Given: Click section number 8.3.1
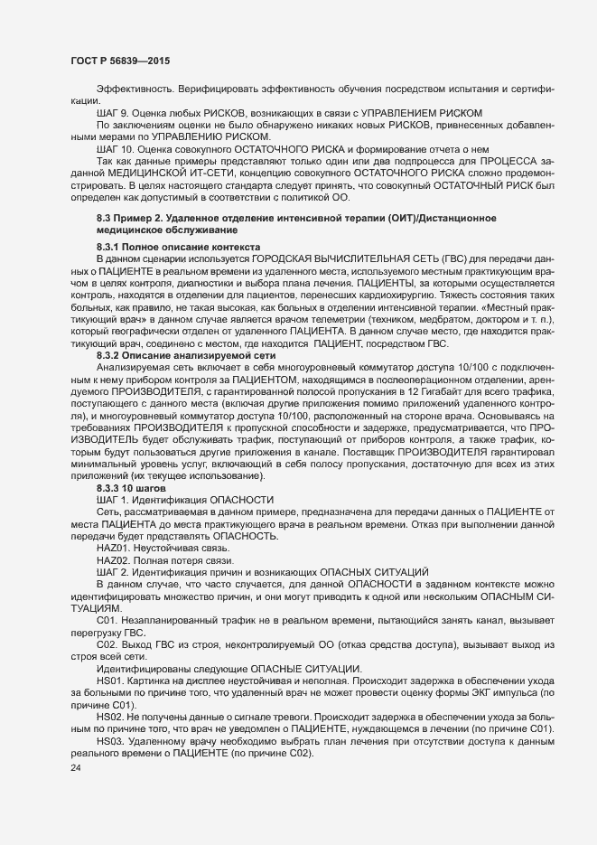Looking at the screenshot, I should point(112,248).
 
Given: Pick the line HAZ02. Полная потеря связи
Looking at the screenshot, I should point(158,560).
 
